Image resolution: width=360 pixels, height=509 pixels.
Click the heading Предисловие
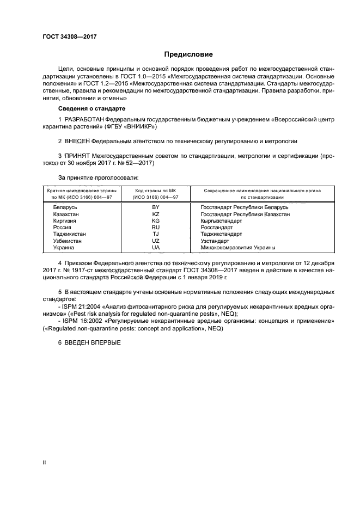point(188,54)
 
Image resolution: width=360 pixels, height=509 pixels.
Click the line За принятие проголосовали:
point(98,177)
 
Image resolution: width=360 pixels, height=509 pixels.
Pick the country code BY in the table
point(156,207)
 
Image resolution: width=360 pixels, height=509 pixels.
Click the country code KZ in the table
point(156,214)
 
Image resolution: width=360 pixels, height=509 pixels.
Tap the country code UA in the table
point(156,247)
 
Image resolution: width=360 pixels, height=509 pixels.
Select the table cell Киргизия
point(65,220)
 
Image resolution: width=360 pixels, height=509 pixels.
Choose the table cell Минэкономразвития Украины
point(237,247)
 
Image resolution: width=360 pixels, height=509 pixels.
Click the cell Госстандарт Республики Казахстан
point(245,214)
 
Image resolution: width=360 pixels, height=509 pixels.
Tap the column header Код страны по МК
point(156,191)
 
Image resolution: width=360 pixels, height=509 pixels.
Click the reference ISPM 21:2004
point(82,308)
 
